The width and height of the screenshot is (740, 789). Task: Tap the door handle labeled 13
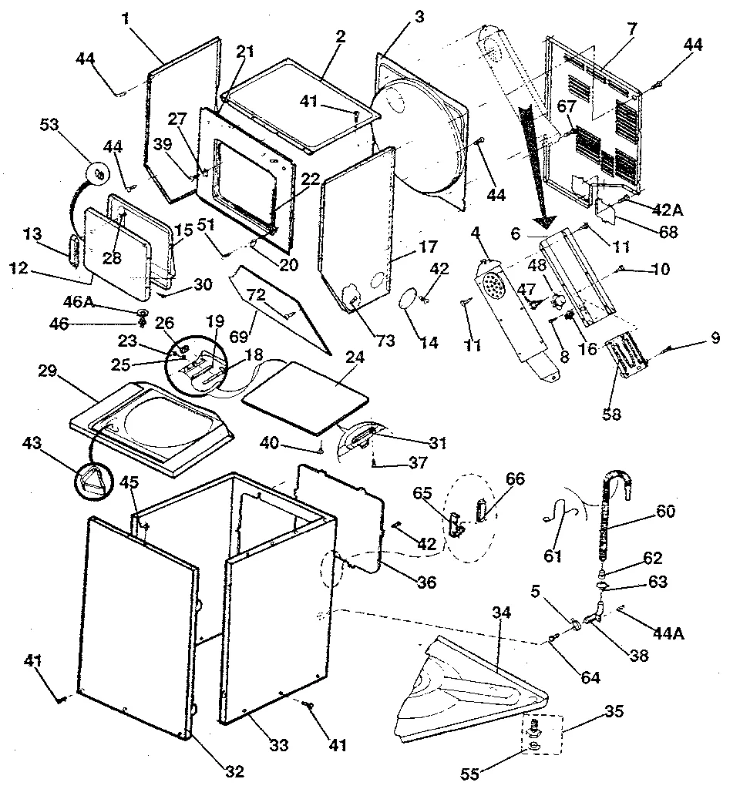(x=75, y=250)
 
